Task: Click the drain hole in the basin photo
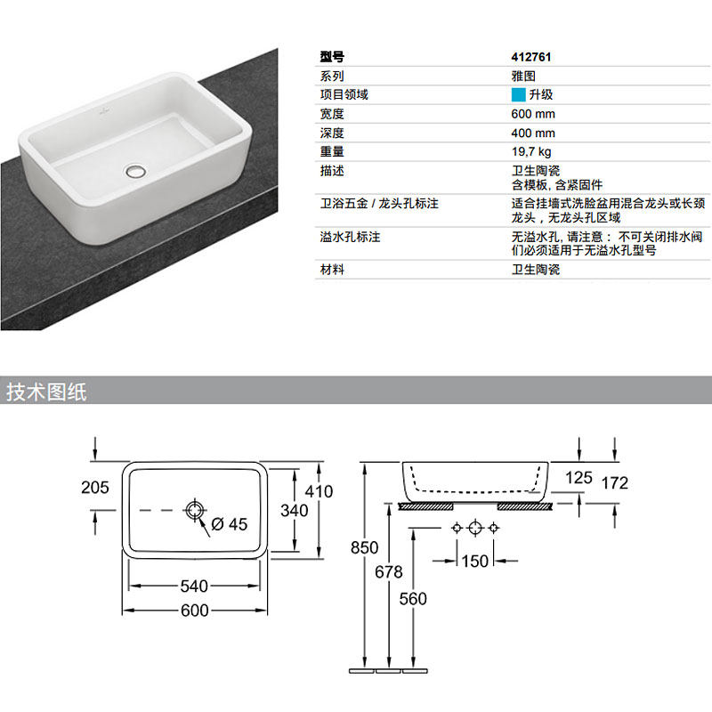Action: (136, 168)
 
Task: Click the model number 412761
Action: (531, 56)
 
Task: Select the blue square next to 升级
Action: (518, 94)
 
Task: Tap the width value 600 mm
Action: (533, 113)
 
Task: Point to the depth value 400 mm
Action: (533, 133)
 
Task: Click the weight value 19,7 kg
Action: (531, 151)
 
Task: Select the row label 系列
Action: (332, 76)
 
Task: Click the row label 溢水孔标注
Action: (350, 238)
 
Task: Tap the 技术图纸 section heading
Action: (46, 392)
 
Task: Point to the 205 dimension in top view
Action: (94, 487)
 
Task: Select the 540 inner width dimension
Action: (194, 586)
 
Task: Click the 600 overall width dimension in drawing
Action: (194, 610)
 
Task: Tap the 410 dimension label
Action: (318, 490)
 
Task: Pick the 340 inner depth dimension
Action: (294, 510)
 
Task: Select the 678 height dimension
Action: (389, 571)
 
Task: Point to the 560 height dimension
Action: (413, 598)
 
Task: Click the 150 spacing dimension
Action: (475, 561)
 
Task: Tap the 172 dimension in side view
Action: (614, 482)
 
